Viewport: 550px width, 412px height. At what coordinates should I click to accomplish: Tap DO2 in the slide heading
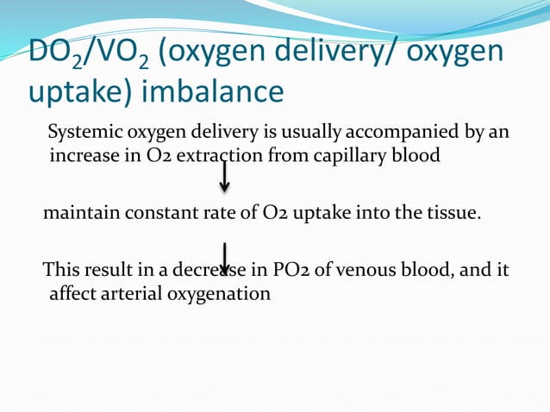[x=58, y=53]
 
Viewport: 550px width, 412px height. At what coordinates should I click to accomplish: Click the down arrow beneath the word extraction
[x=224, y=178]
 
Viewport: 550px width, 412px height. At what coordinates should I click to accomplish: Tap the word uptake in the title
[x=69, y=91]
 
